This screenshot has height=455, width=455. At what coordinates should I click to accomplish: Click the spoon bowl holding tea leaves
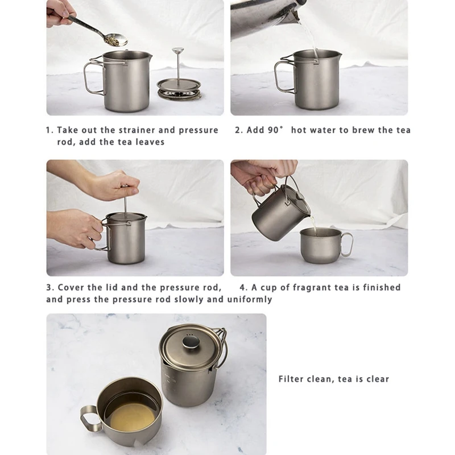pos(115,40)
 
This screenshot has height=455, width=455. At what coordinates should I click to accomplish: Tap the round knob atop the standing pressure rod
pos(177,51)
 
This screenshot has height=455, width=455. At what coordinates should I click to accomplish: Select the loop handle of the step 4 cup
pos(347,245)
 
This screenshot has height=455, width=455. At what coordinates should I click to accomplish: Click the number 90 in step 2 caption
pos(273,130)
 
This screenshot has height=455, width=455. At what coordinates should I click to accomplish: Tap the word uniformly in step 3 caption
pos(249,300)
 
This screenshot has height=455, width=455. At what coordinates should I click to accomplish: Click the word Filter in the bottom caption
pos(291,379)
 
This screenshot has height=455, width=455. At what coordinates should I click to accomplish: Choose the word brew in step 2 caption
pos(363,130)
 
